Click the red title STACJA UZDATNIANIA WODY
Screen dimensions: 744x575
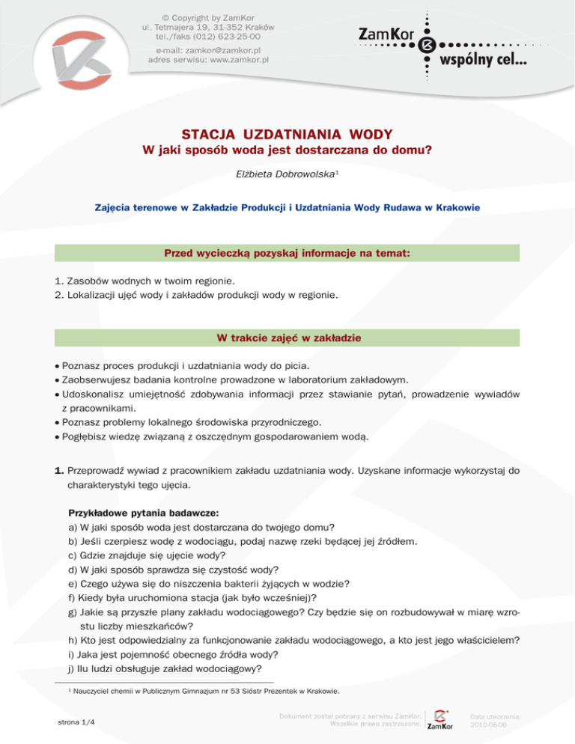287,135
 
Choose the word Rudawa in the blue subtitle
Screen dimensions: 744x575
402,206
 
